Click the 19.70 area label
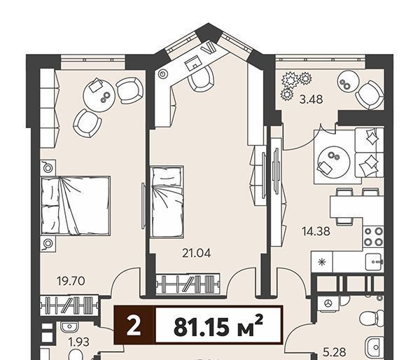[x=71, y=281]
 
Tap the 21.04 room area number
[x=196, y=253]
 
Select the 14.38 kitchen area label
[x=316, y=231]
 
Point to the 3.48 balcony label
[x=311, y=99]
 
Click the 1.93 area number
[x=78, y=342]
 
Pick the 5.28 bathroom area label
[x=334, y=352]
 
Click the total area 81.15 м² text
[x=218, y=325]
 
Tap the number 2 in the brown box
[x=134, y=325]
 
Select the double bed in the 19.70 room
[x=76, y=205]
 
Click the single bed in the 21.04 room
[x=167, y=202]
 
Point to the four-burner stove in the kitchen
[x=373, y=237]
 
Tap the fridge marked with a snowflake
[x=322, y=262]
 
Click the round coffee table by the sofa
[x=333, y=162]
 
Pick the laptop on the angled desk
[x=193, y=63]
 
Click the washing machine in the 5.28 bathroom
[x=328, y=303]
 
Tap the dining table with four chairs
[x=353, y=207]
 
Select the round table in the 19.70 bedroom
[x=99, y=95]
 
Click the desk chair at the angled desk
[x=201, y=78]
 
